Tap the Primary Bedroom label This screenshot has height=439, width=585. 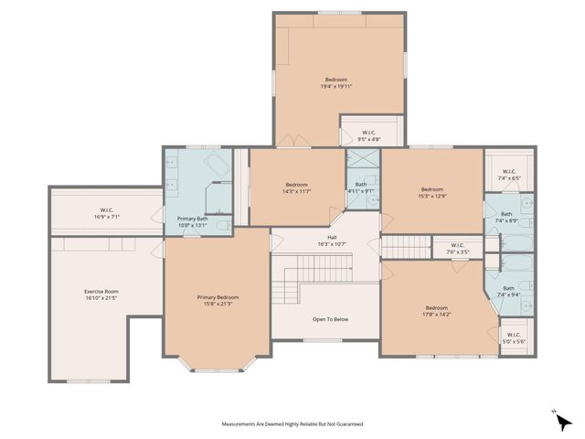pyautogui.click(x=218, y=297)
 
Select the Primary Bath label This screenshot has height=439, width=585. pyautogui.click(x=192, y=218)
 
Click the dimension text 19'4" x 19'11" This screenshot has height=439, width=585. pyautogui.click(x=336, y=86)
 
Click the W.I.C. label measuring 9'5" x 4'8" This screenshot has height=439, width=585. pyautogui.click(x=369, y=133)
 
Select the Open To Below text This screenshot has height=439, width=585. pyautogui.click(x=330, y=319)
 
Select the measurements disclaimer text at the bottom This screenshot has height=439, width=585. pyautogui.click(x=292, y=424)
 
